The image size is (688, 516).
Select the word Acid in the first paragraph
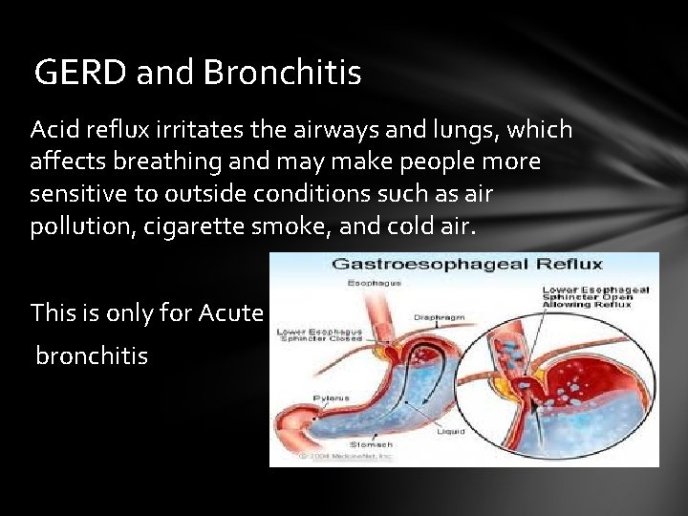click(54, 128)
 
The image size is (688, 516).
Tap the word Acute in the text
click(231, 312)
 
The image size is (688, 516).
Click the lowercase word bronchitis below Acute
click(92, 356)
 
